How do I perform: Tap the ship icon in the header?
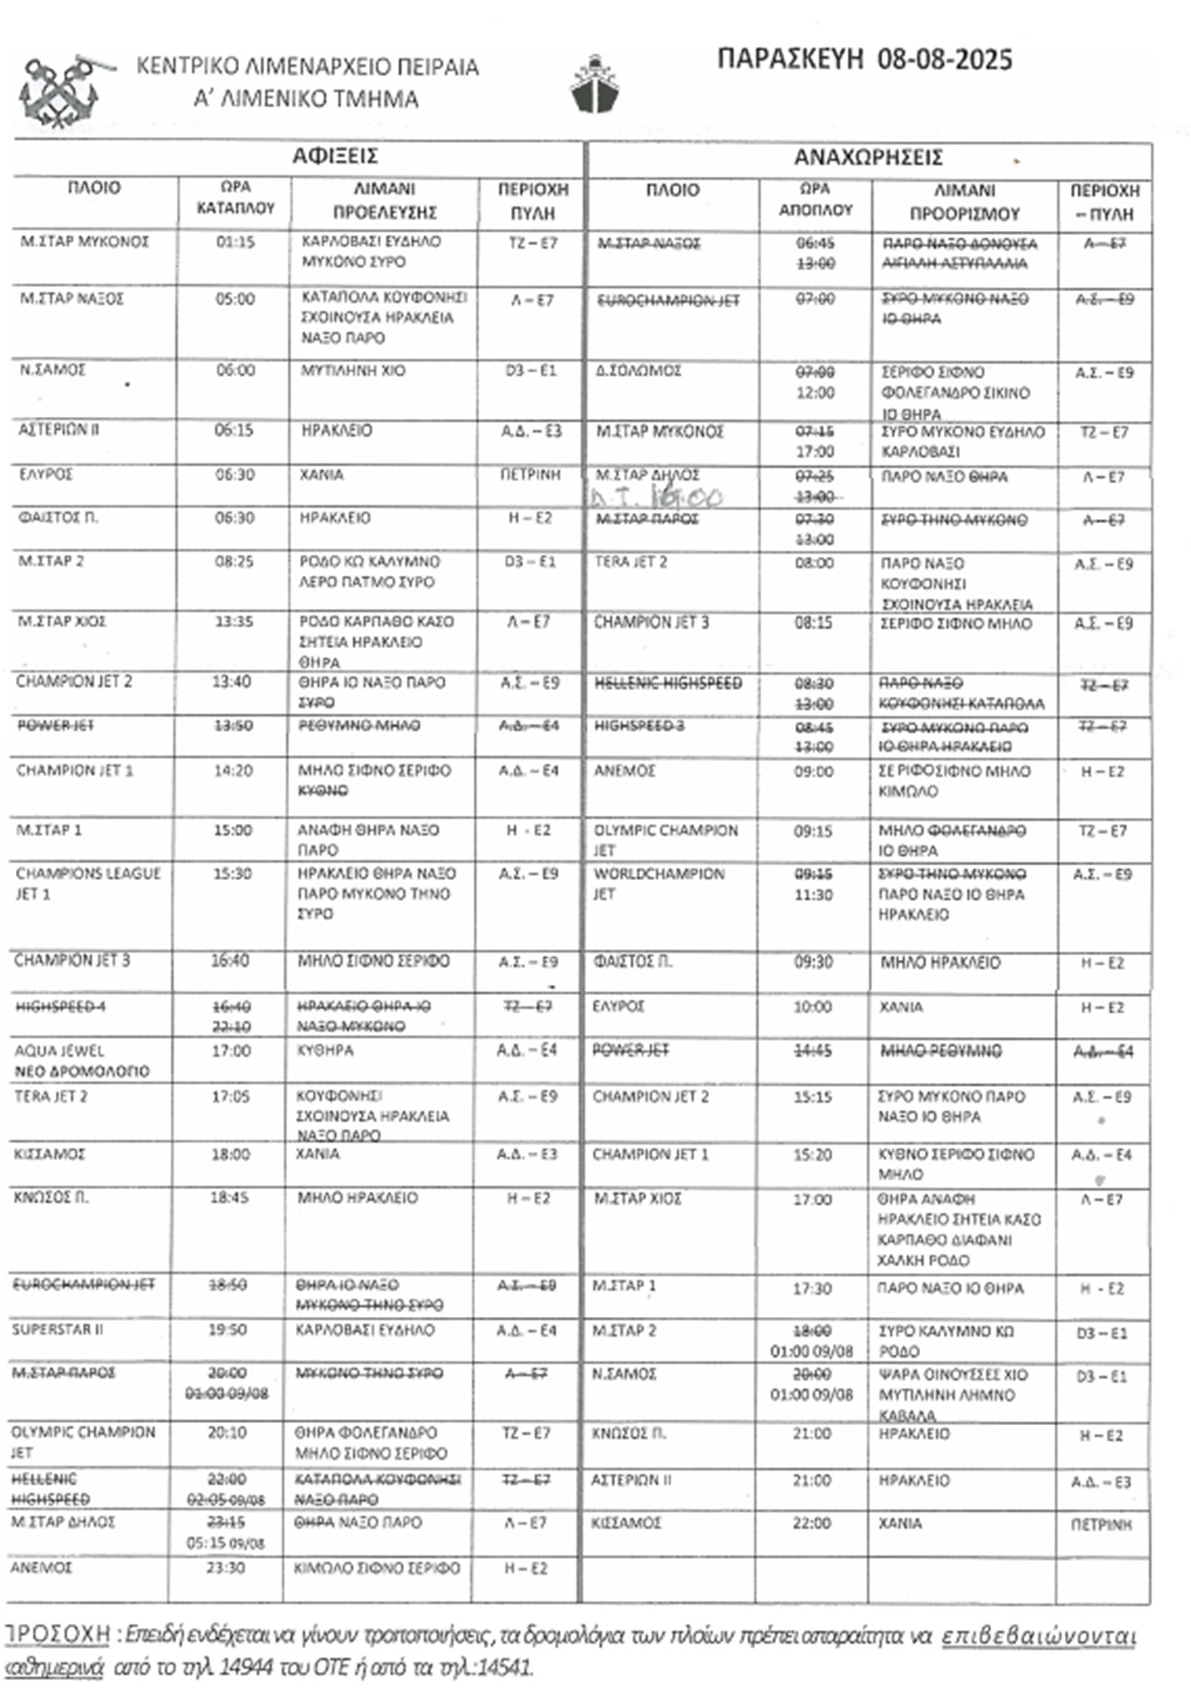pyautogui.click(x=595, y=85)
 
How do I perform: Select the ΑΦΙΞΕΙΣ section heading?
pyautogui.click(x=334, y=156)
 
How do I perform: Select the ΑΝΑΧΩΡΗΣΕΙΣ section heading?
pyautogui.click(x=867, y=158)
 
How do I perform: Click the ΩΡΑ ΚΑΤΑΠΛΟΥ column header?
pyautogui.click(x=235, y=198)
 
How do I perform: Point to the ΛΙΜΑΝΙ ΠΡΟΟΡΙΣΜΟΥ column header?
pyautogui.click(x=964, y=201)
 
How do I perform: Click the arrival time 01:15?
pyautogui.click(x=235, y=242)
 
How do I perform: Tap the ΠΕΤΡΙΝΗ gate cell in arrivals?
pyautogui.click(x=531, y=474)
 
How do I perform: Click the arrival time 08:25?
pyautogui.click(x=234, y=562)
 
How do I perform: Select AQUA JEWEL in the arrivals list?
pyautogui.click(x=60, y=1051)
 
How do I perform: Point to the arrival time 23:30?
pyautogui.click(x=227, y=1568)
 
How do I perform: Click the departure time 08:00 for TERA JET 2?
pyautogui.click(x=814, y=563)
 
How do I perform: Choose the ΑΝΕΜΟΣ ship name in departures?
pyautogui.click(x=625, y=771)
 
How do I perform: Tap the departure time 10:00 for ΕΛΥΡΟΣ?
pyautogui.click(x=813, y=1007)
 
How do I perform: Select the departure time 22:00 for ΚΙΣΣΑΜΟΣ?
pyautogui.click(x=812, y=1523)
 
